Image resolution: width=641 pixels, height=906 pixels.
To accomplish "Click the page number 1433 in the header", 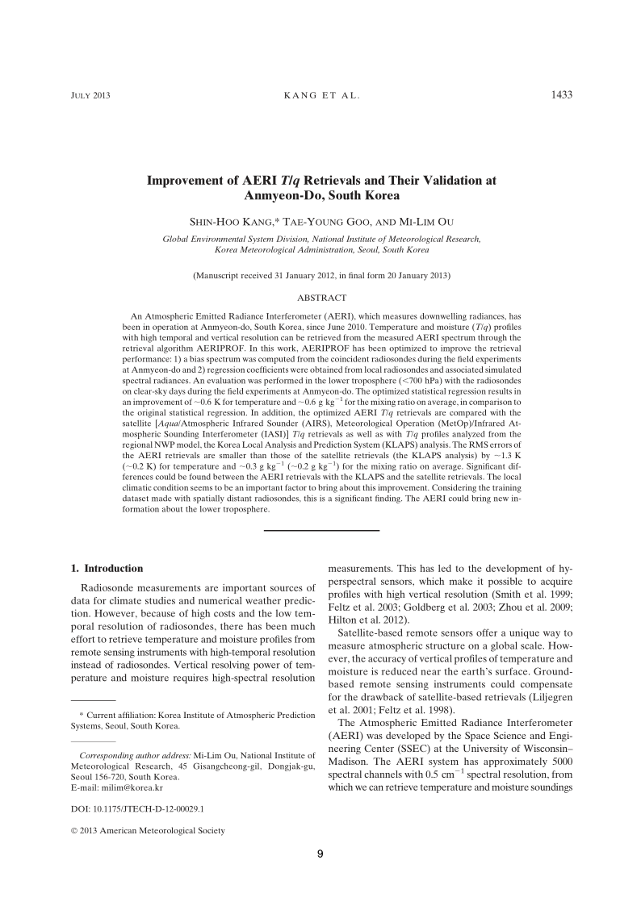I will tap(561, 95).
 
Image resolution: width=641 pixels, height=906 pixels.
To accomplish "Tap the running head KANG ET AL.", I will tap(321, 96).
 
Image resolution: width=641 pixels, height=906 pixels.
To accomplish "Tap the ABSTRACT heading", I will tap(321, 298).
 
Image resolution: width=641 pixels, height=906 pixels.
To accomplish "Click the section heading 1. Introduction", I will tap(108, 568).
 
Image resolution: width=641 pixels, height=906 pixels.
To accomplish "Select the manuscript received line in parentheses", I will tap(321, 276).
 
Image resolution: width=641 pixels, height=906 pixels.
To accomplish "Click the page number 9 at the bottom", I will tap(320, 878).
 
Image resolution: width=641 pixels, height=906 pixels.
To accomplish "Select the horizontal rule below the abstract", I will tap(321, 530).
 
